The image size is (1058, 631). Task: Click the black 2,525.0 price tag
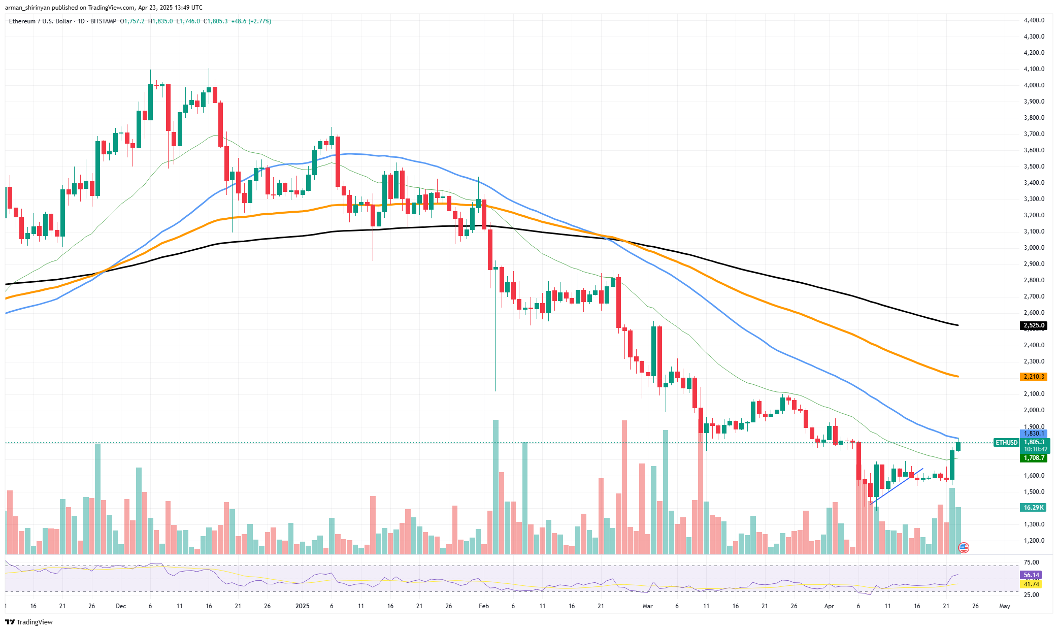pyautogui.click(x=1033, y=325)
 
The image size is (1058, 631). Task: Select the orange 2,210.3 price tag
pyautogui.click(x=1033, y=377)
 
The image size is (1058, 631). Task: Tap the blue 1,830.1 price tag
pyautogui.click(x=1033, y=434)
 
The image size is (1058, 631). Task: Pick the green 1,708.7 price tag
pyautogui.click(x=1033, y=458)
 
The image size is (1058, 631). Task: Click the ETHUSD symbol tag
pyautogui.click(x=1006, y=443)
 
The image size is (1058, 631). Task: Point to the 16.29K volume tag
pyautogui.click(x=1033, y=508)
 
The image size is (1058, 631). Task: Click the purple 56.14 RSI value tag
pyautogui.click(x=1031, y=575)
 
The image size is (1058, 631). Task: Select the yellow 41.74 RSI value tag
pyautogui.click(x=1031, y=584)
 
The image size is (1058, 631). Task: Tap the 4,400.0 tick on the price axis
pyautogui.click(x=1034, y=20)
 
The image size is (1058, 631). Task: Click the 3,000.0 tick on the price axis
pyautogui.click(x=1034, y=248)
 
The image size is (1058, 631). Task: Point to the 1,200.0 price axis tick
pyautogui.click(x=1034, y=541)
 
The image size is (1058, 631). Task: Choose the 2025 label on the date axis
pyautogui.click(x=302, y=606)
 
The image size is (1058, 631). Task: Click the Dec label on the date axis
pyautogui.click(x=121, y=606)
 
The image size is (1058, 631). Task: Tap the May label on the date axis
pyautogui.click(x=1004, y=606)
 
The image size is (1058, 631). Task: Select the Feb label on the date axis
pyautogui.click(x=484, y=606)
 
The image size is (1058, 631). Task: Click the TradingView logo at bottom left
pyautogui.click(x=29, y=622)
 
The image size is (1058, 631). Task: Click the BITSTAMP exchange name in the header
pyautogui.click(x=103, y=21)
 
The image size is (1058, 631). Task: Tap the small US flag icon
pyautogui.click(x=963, y=547)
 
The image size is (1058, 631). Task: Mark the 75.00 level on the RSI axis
pyautogui.click(x=1031, y=562)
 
